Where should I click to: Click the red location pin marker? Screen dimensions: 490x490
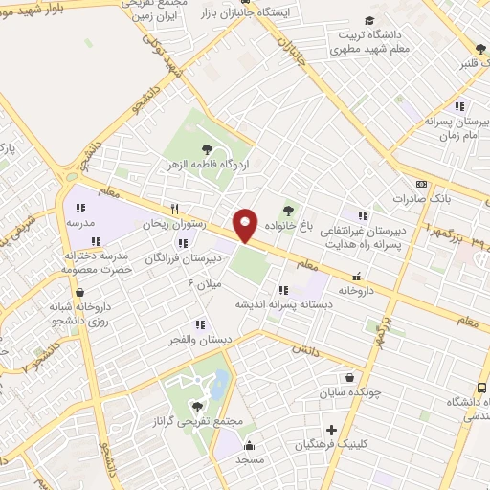[x=246, y=226]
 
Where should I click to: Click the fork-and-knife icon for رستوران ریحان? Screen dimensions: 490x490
[x=173, y=209]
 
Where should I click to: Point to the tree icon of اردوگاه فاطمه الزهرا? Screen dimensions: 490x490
[x=207, y=147]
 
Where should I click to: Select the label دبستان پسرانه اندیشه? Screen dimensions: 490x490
[x=283, y=303]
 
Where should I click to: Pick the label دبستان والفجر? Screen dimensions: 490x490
[x=199, y=339]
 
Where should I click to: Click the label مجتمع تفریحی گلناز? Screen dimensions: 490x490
[x=199, y=422]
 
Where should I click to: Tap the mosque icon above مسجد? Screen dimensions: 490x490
[x=249, y=444]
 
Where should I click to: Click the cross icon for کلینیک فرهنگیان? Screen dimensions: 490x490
[x=332, y=431]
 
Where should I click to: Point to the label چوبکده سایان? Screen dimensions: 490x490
[x=350, y=391]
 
